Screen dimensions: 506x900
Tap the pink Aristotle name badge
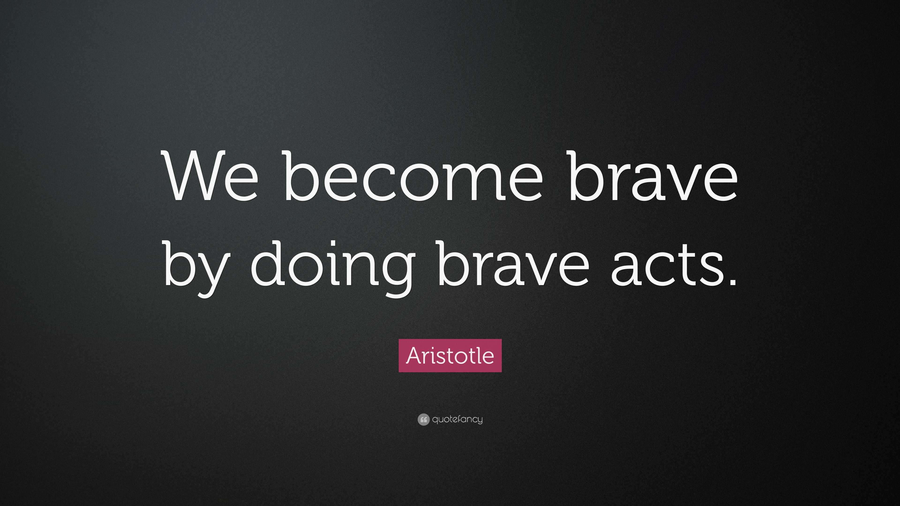tap(450, 356)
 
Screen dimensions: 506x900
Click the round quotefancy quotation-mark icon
tap(423, 419)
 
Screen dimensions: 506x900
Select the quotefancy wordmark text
tap(457, 419)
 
